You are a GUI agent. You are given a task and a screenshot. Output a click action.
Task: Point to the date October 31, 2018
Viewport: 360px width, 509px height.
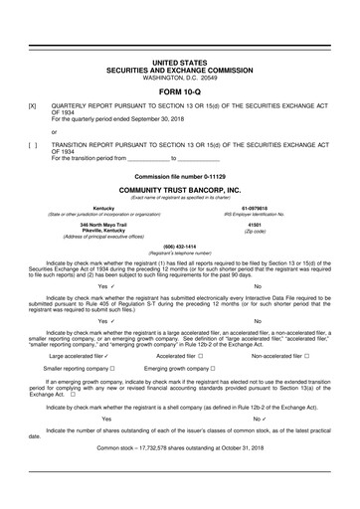coord(241,475)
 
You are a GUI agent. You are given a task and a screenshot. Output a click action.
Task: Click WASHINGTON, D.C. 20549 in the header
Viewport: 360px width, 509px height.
coord(180,77)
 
